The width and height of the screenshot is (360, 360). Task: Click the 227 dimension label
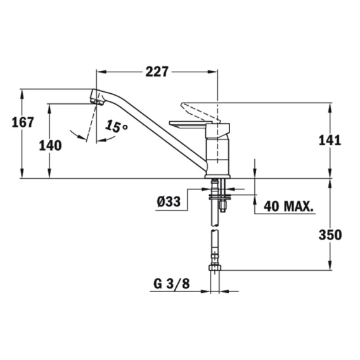[x=157, y=72]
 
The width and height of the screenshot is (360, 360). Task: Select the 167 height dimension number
[x=23, y=122]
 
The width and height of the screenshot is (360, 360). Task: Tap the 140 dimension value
[x=50, y=146]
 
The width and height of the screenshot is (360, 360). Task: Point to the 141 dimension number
[x=330, y=140]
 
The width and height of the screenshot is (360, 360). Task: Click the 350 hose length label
[x=330, y=235]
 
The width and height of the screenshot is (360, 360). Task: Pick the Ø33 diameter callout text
[x=169, y=202]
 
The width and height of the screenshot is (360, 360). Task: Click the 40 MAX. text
[x=288, y=207]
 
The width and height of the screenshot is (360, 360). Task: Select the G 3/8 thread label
[x=172, y=284]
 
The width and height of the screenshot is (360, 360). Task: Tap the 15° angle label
[x=116, y=126]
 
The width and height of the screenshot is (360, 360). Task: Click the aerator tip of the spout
[x=97, y=101]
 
